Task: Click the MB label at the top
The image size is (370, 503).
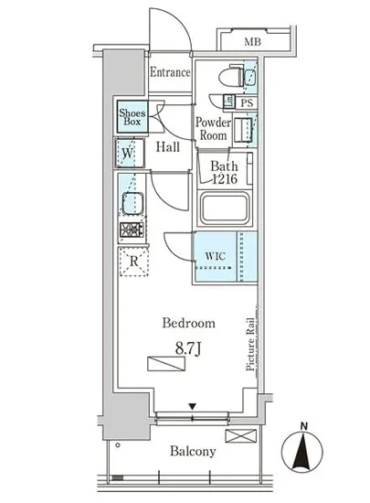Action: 253,42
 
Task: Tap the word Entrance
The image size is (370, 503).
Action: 170,72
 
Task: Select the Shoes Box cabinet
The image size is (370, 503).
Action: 132,117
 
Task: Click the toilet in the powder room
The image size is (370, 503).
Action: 231,76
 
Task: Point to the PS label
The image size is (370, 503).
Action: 247,103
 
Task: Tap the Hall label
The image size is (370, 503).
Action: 168,147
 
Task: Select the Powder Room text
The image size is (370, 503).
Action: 213,129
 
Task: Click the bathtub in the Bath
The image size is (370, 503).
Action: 225,209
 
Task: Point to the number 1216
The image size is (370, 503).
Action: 225,178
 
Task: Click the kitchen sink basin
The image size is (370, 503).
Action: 132,203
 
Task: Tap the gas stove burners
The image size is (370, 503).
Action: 132,230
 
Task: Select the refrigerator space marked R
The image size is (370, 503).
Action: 133,262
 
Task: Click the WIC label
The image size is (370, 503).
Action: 215,256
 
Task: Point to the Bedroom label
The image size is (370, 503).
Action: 189,323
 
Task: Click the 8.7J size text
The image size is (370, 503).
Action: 188,349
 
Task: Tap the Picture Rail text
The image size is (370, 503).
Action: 250,344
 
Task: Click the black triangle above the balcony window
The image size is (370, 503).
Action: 192,406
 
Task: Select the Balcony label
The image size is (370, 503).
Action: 193,451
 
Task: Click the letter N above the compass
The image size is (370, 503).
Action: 304,426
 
